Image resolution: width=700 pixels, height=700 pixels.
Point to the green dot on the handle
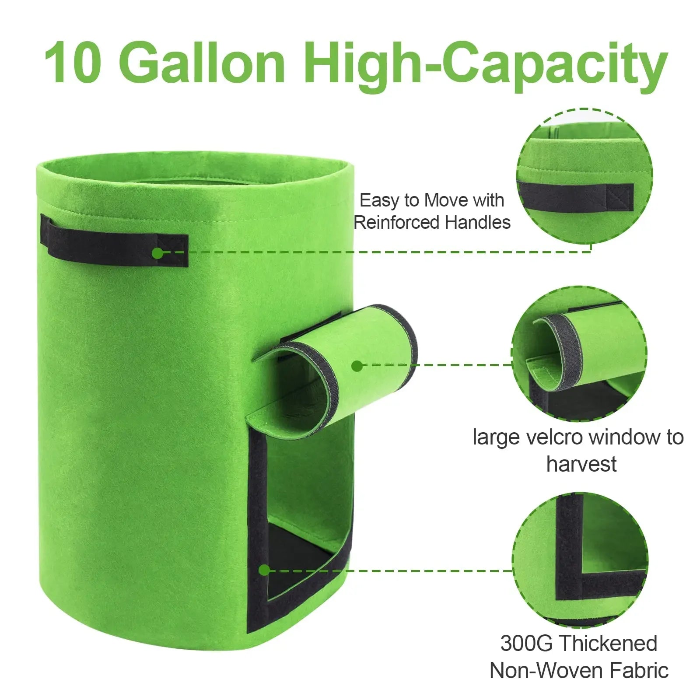point(157,252)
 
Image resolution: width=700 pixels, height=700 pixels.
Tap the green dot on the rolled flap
point(357,366)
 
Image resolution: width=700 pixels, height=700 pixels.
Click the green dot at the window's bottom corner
point(264,570)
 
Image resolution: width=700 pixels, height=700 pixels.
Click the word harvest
point(581,464)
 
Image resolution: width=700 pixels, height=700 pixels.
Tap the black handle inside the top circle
point(575,196)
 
